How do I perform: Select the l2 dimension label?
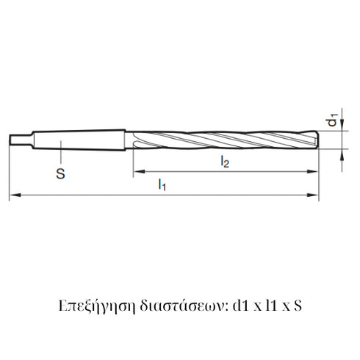(x=225, y=163)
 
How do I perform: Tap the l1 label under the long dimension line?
(x=162, y=187)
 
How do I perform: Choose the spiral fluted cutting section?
(x=220, y=139)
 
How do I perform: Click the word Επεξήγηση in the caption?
(x=88, y=303)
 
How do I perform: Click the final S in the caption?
(x=296, y=303)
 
